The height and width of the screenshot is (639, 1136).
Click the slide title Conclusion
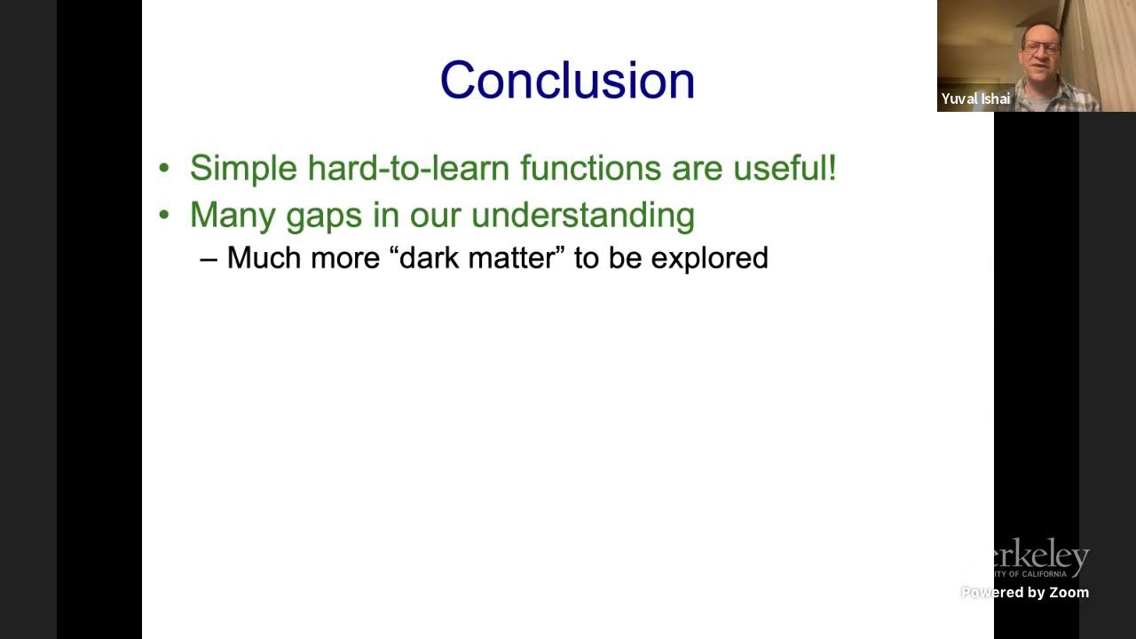567,80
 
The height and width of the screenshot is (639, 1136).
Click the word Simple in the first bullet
243,169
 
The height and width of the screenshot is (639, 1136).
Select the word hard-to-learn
408,169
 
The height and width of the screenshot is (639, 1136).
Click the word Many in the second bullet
233,216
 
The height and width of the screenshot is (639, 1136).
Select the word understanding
582,216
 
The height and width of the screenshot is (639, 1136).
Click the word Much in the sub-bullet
264,258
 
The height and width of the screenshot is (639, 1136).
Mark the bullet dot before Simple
163,169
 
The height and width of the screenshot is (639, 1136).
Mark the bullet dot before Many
163,216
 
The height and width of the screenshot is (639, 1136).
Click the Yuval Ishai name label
975,99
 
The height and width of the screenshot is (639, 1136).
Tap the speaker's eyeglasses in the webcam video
1041,47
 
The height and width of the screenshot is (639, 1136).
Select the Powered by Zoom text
1025,592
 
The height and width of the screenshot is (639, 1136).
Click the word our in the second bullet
438,216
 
